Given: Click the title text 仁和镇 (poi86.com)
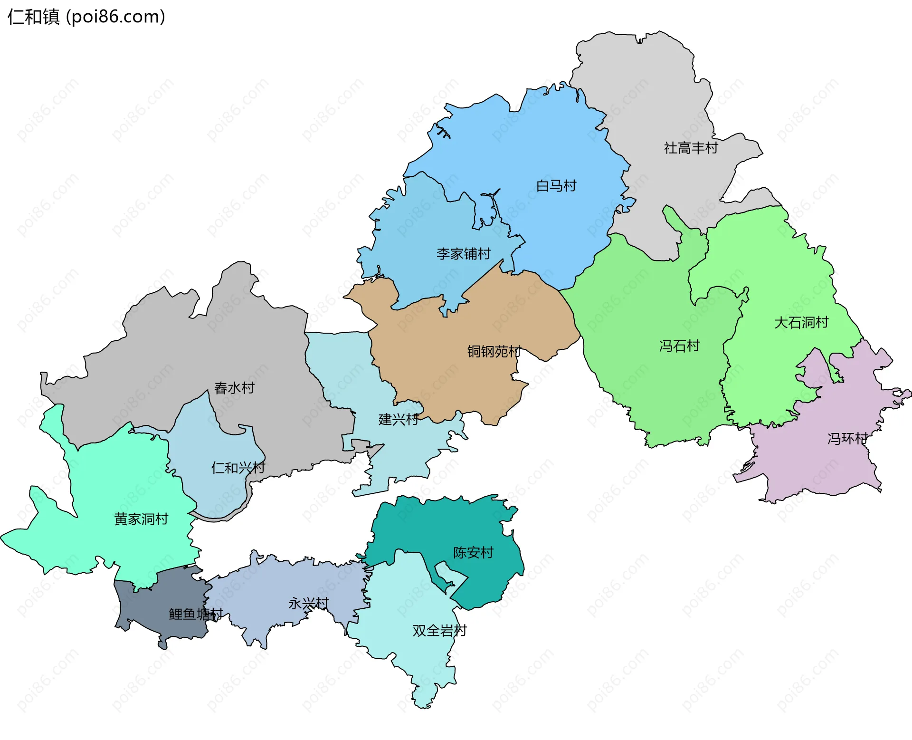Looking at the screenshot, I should click(86, 17).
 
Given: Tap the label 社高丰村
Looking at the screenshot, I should click(691, 148).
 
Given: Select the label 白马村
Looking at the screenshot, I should click(556, 185).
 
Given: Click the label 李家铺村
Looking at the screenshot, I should click(463, 254).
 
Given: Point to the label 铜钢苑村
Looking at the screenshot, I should click(494, 351).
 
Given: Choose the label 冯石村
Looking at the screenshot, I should click(679, 346).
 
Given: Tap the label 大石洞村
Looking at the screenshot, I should click(801, 323).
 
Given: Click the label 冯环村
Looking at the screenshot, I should click(847, 438).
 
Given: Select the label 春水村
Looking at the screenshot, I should click(234, 388).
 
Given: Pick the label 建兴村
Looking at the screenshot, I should click(399, 419).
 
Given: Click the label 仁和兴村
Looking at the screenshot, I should click(238, 468).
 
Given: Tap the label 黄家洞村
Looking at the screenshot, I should click(141, 519).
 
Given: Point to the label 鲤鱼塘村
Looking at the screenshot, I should click(196, 614).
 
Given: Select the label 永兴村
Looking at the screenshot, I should click(308, 604).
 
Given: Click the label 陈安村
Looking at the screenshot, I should click(473, 552).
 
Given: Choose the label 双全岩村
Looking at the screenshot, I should click(439, 631).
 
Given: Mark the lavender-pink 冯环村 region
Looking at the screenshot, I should click(817, 466).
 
